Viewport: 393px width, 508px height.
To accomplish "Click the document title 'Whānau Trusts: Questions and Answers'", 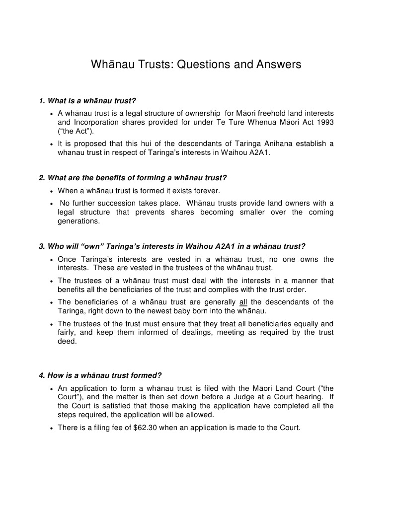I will [x=196, y=65].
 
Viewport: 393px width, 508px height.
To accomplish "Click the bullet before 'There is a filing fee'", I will [x=52, y=428].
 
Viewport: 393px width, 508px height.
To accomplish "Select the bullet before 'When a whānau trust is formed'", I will [x=52, y=191].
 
